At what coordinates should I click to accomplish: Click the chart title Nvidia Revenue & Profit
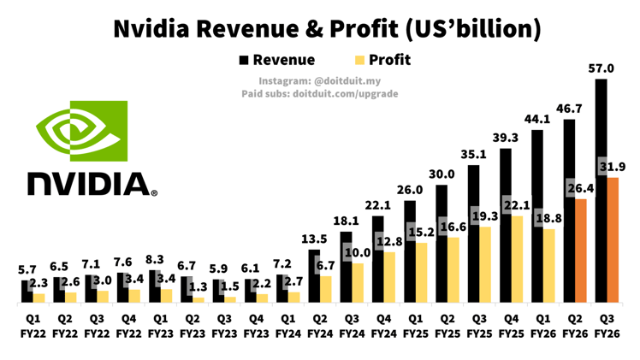pyautogui.click(x=328, y=28)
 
